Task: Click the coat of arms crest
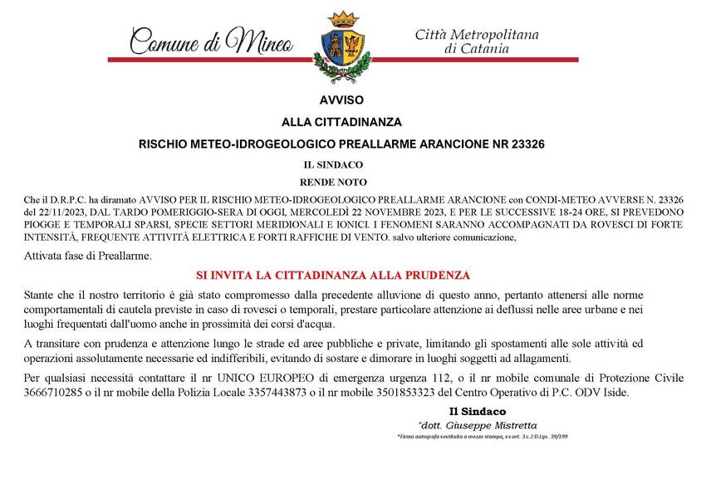[x=341, y=46]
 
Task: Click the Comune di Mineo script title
[x=212, y=39]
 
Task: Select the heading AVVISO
[x=341, y=100]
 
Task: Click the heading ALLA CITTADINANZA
[x=341, y=121]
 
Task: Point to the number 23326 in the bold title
[x=527, y=144]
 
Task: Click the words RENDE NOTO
[x=332, y=181]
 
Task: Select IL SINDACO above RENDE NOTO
[x=333, y=164]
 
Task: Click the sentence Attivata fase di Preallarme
[x=88, y=255]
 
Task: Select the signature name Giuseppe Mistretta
[x=494, y=424]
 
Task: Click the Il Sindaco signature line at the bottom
[x=477, y=411]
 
